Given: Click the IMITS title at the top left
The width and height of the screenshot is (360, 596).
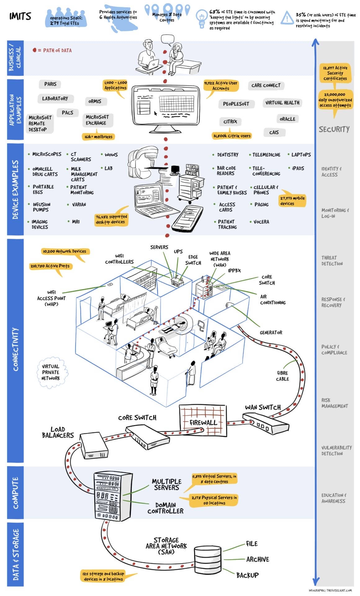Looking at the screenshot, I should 20,16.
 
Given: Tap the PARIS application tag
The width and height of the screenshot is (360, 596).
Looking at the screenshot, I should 50,84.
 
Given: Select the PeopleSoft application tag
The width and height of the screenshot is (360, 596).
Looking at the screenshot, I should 236,104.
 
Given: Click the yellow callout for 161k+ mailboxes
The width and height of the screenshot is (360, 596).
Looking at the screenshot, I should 98,137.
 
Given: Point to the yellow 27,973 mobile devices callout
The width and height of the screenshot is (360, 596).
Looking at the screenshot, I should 292,201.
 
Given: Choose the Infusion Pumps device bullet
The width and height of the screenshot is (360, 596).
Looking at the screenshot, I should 41,207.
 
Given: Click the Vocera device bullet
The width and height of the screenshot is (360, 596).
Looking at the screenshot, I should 261,222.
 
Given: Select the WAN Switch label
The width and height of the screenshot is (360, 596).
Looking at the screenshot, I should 263,407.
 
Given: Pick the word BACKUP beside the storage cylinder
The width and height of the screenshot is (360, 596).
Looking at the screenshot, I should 247,575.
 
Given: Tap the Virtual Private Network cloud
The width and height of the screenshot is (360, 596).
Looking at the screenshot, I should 51,372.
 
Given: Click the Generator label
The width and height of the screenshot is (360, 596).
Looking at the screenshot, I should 271,332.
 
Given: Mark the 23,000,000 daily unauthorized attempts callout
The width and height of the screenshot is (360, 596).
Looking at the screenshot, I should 335,100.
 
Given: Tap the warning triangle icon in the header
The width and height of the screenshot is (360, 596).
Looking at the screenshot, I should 287,18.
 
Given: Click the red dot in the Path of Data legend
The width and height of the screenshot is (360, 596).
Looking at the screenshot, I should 34,50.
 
